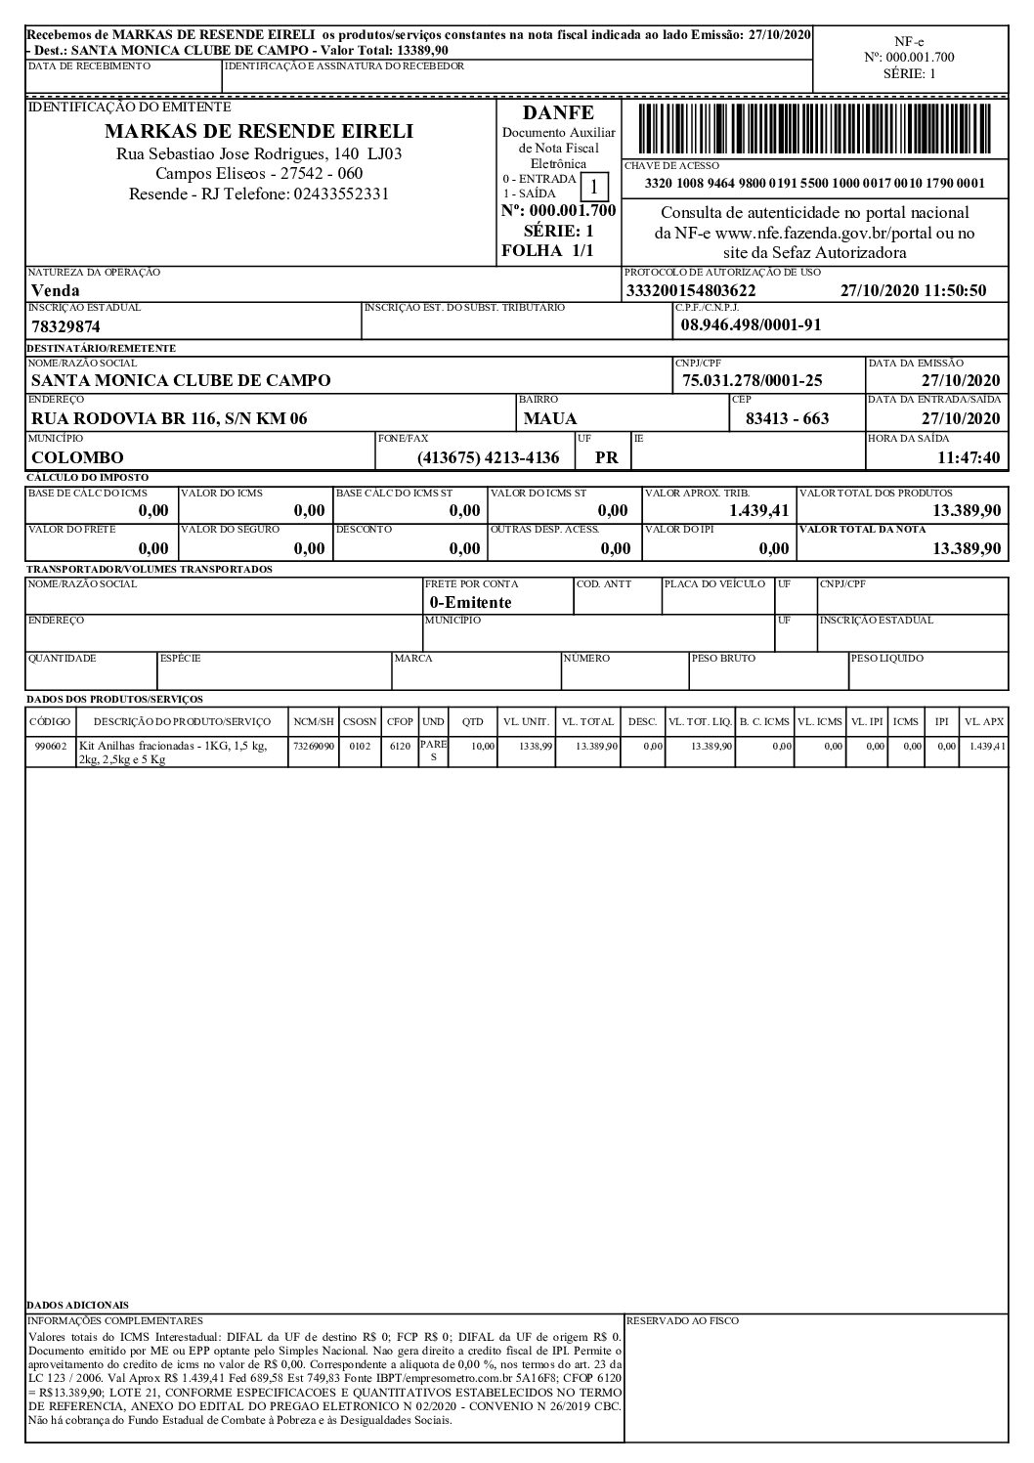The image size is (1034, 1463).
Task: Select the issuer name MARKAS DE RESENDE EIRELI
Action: [259, 131]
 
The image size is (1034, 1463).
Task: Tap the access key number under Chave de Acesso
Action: [815, 184]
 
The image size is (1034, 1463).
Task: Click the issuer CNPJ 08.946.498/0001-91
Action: [750, 325]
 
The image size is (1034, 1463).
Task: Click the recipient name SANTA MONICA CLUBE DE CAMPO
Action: [181, 380]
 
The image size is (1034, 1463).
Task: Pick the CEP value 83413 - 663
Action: [787, 418]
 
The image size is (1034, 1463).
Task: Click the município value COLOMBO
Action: [78, 456]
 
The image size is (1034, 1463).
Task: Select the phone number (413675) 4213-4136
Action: [488, 456]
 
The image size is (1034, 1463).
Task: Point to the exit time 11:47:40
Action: [968, 456]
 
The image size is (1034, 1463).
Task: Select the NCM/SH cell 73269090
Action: [314, 746]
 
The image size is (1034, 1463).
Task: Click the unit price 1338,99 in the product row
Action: [537, 746]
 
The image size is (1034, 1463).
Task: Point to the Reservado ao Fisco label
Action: [682, 1320]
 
